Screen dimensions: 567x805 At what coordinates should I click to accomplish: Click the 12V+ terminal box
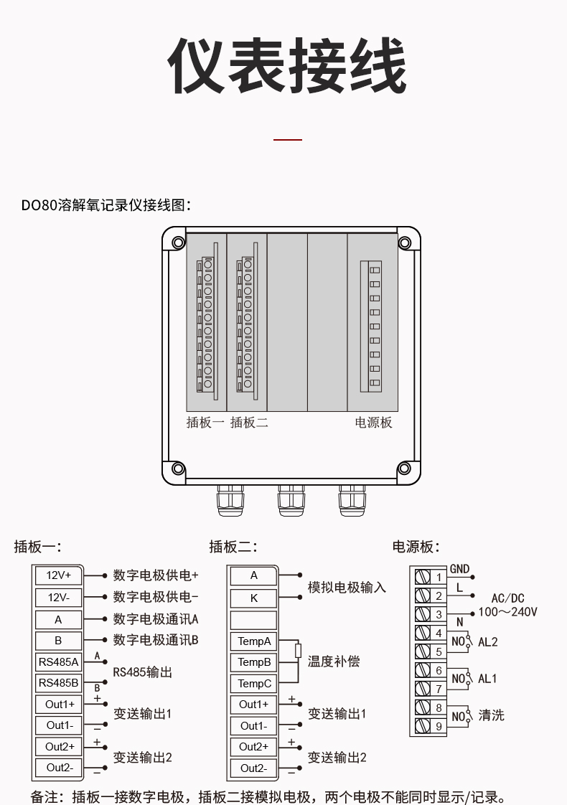(x=59, y=575)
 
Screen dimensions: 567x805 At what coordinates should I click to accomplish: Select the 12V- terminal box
(x=59, y=598)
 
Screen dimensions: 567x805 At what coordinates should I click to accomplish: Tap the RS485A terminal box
(x=59, y=662)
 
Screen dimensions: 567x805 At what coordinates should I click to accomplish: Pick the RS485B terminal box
(x=59, y=683)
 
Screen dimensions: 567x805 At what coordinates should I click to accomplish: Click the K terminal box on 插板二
(x=253, y=598)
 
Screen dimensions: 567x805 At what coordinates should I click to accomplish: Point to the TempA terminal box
(x=253, y=641)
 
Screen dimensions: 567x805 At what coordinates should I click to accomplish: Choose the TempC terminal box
(x=253, y=684)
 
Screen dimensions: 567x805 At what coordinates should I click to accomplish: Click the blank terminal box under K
(x=253, y=620)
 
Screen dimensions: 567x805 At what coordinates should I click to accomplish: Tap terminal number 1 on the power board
(x=439, y=578)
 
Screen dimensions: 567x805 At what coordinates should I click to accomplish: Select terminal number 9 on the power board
(x=439, y=727)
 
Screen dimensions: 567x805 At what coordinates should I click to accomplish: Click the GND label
(x=459, y=569)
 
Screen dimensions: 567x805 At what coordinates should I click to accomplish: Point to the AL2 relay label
(x=488, y=642)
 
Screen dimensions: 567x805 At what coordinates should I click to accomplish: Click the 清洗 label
(x=492, y=715)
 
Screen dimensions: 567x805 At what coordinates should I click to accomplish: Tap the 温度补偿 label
(x=334, y=662)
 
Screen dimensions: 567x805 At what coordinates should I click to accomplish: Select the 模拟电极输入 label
(x=347, y=588)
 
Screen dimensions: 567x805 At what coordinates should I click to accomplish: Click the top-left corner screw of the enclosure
(x=178, y=243)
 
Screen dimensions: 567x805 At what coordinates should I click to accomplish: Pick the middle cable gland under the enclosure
(x=291, y=501)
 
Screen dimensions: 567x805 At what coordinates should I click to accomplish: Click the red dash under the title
(x=288, y=139)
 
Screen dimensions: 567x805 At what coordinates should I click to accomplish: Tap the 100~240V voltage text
(x=508, y=612)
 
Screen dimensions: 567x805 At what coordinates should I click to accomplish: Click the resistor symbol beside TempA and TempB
(x=299, y=651)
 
